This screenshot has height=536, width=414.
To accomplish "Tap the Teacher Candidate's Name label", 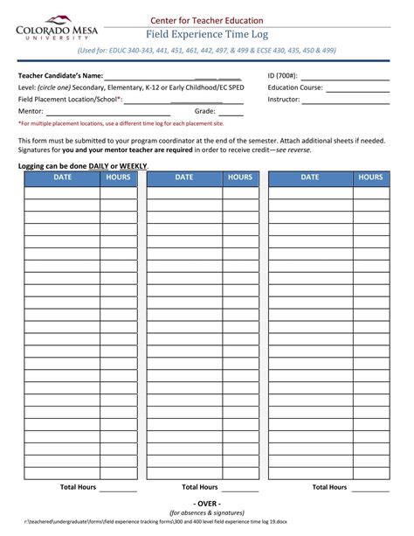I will pos(61,76).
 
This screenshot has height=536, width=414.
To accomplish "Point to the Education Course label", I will pos(295,87).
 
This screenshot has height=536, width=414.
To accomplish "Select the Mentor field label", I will pos(31,112).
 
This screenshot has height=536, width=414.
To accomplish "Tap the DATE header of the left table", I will pos(62,178).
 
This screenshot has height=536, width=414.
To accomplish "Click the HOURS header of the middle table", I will pos(240,178).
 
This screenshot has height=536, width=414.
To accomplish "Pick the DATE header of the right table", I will pos(310,178).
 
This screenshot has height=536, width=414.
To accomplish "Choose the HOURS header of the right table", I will pos(369,178).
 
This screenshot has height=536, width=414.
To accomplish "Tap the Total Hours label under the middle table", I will pos(199,487).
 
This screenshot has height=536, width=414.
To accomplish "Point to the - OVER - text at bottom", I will pos(207,505).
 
